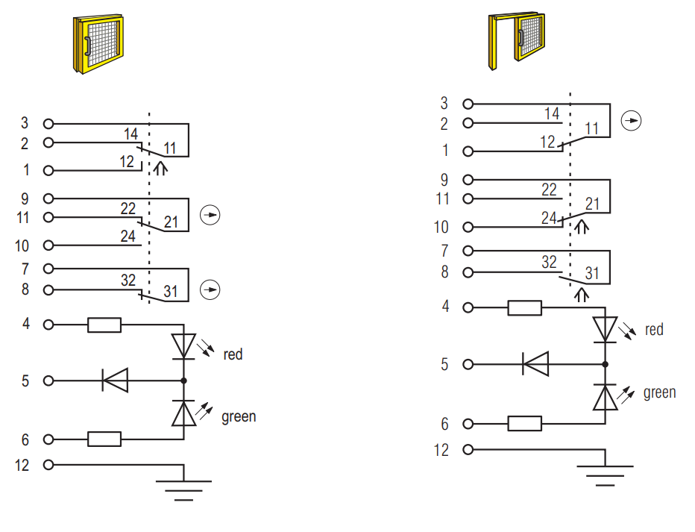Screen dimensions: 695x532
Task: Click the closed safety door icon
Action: click(x=98, y=43)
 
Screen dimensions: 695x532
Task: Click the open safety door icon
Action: click(x=516, y=41)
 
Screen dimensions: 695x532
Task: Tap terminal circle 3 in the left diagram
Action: click(x=48, y=124)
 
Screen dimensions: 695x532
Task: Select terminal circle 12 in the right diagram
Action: click(x=468, y=449)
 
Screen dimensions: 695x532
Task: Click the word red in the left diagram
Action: click(x=233, y=354)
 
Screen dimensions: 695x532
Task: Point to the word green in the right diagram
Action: click(x=659, y=393)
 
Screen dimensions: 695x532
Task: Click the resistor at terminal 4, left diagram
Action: click(x=104, y=325)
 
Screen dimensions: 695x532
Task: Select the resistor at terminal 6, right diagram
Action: click(x=524, y=423)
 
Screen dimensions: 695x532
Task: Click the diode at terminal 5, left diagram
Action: click(x=116, y=381)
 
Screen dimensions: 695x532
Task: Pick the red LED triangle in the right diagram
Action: click(x=605, y=329)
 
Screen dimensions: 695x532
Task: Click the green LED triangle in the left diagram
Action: click(x=183, y=413)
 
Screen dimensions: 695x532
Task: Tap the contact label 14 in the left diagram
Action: click(x=130, y=134)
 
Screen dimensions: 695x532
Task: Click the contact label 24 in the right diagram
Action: click(x=549, y=218)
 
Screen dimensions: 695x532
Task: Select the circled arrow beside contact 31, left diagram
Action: click(x=210, y=290)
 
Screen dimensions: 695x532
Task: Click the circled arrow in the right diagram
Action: click(x=631, y=121)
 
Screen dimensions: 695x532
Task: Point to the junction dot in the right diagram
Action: click(x=605, y=364)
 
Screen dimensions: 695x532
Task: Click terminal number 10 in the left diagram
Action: click(x=22, y=245)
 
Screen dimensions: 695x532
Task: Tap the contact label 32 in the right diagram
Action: click(x=549, y=262)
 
